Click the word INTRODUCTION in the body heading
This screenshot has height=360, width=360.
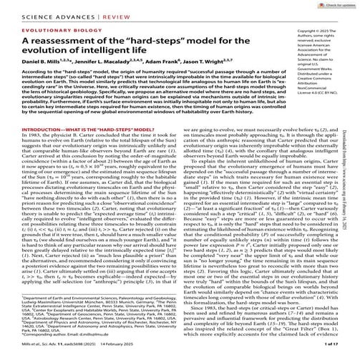(32, 148)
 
